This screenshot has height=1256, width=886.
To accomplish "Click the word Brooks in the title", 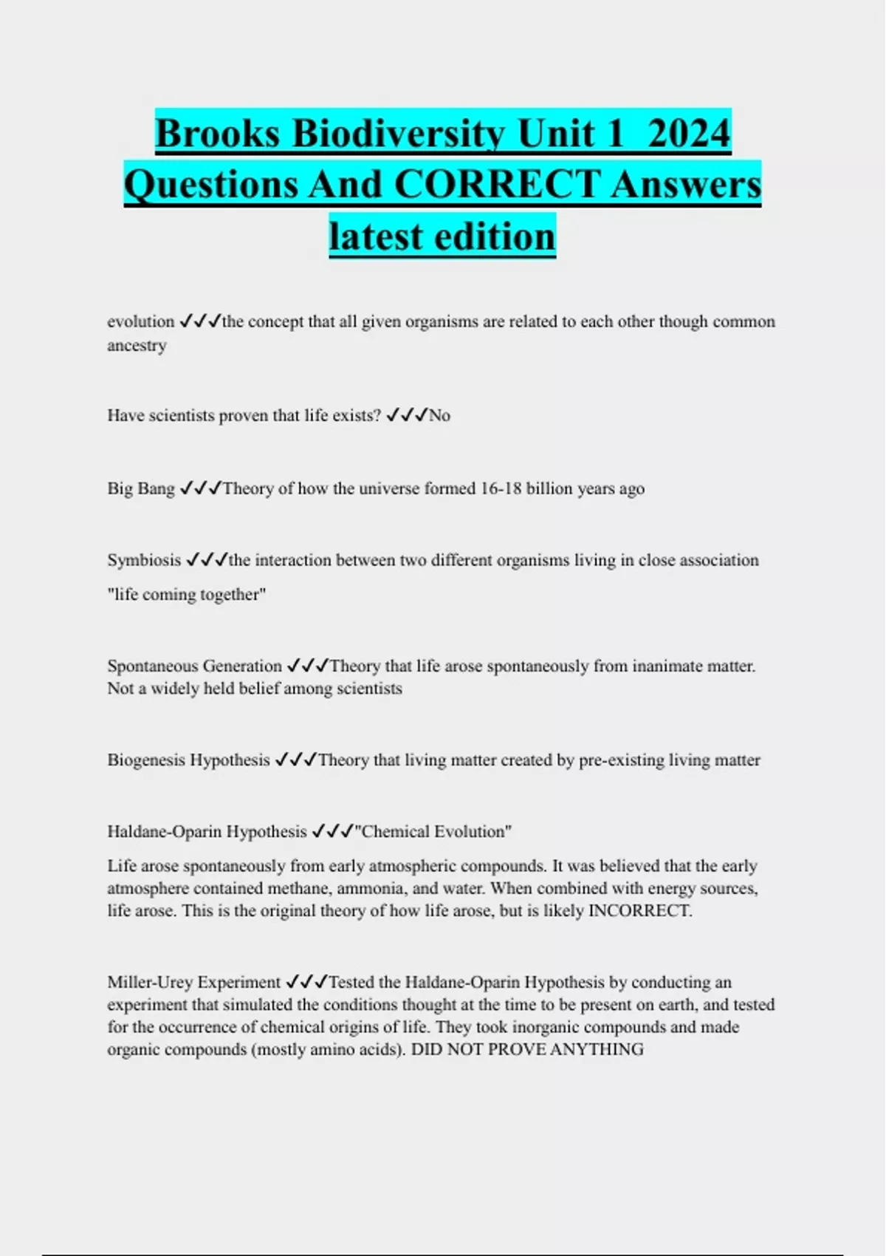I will [x=218, y=134].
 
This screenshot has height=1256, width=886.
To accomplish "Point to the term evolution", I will [x=140, y=321].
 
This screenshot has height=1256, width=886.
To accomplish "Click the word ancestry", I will [x=137, y=345].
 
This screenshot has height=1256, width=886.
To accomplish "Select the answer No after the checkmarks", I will [x=439, y=415].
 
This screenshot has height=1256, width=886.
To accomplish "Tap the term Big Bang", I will [x=141, y=488].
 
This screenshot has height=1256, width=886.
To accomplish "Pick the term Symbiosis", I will [x=144, y=560].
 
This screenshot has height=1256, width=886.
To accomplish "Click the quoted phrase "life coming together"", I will [x=186, y=594].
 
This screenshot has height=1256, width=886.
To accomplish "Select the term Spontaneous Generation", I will [x=194, y=666].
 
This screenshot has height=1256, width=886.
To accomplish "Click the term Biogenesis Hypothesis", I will [x=188, y=760].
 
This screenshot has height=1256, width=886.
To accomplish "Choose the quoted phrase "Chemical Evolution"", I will [x=433, y=831].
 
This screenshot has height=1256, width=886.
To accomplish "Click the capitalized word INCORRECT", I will [x=639, y=910].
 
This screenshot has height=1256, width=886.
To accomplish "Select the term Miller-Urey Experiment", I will [x=193, y=982].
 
